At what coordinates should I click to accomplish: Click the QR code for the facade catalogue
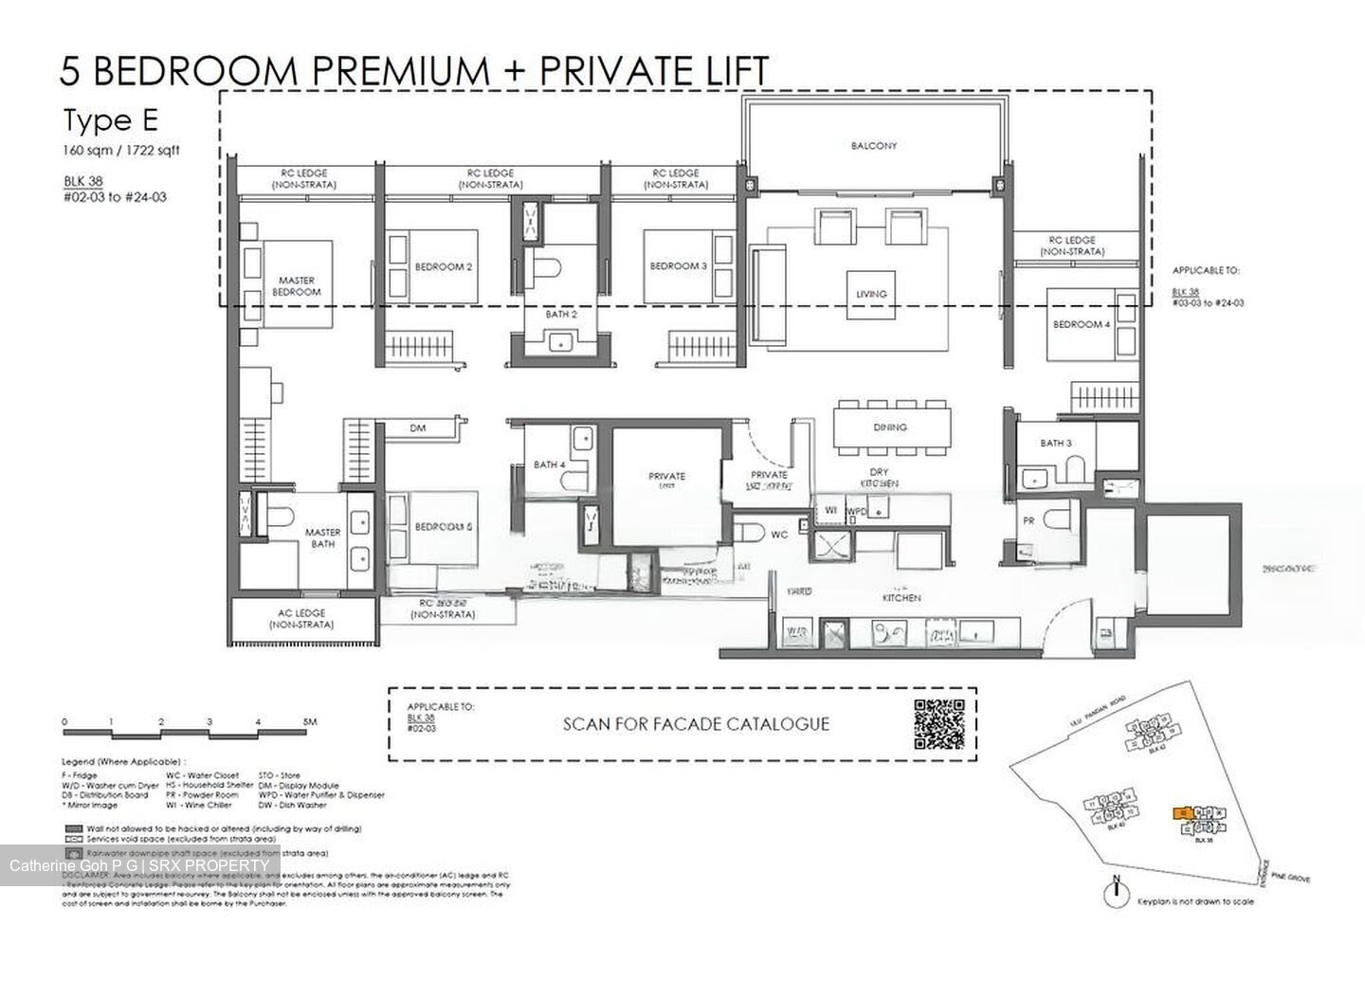point(938,724)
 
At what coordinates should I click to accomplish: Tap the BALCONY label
point(873,146)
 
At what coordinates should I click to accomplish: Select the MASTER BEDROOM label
point(296,286)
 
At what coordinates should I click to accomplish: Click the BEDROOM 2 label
point(444,266)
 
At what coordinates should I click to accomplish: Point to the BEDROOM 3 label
point(678,266)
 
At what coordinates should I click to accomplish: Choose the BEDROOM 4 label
point(1081,324)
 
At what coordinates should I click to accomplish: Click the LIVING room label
point(871,294)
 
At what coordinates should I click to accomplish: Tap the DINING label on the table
point(890,427)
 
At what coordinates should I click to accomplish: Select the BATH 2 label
point(560,313)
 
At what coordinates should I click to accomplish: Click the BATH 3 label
point(1055,443)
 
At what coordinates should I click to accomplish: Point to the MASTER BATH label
point(322,538)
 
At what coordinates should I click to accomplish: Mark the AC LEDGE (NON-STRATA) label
point(300,619)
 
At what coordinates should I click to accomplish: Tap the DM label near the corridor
point(418,428)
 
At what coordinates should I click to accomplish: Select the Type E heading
point(110,121)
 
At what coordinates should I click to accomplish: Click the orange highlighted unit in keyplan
point(1181,813)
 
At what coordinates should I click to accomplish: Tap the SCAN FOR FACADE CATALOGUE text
point(696,724)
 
